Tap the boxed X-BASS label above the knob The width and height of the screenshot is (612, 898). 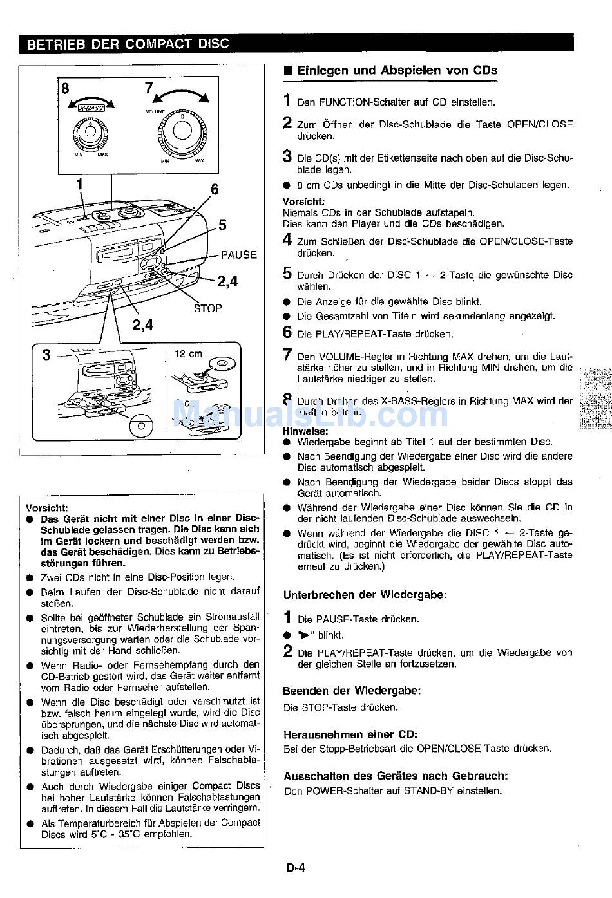coord(91,109)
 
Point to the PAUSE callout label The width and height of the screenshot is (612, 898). coord(238,255)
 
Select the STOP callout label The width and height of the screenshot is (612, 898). coord(207,308)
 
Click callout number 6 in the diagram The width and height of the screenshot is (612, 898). coord(215,189)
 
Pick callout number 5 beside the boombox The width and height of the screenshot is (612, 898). coord(222,225)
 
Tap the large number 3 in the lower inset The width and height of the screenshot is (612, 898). coord(46,355)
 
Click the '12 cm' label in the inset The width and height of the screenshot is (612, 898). coord(188,354)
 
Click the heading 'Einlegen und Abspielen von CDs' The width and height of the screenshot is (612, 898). coord(397,71)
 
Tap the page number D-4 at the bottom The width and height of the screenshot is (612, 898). coord(296,867)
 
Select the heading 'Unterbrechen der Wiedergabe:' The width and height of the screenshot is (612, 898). coord(365,595)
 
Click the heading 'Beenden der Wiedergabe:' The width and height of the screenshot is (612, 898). coord(352,691)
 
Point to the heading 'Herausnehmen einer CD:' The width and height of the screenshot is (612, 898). coord(350,734)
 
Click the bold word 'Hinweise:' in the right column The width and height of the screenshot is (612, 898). coord(305,431)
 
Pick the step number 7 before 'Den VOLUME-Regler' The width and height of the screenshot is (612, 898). coord(288,354)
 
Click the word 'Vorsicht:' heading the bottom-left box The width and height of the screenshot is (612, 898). coord(46,507)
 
